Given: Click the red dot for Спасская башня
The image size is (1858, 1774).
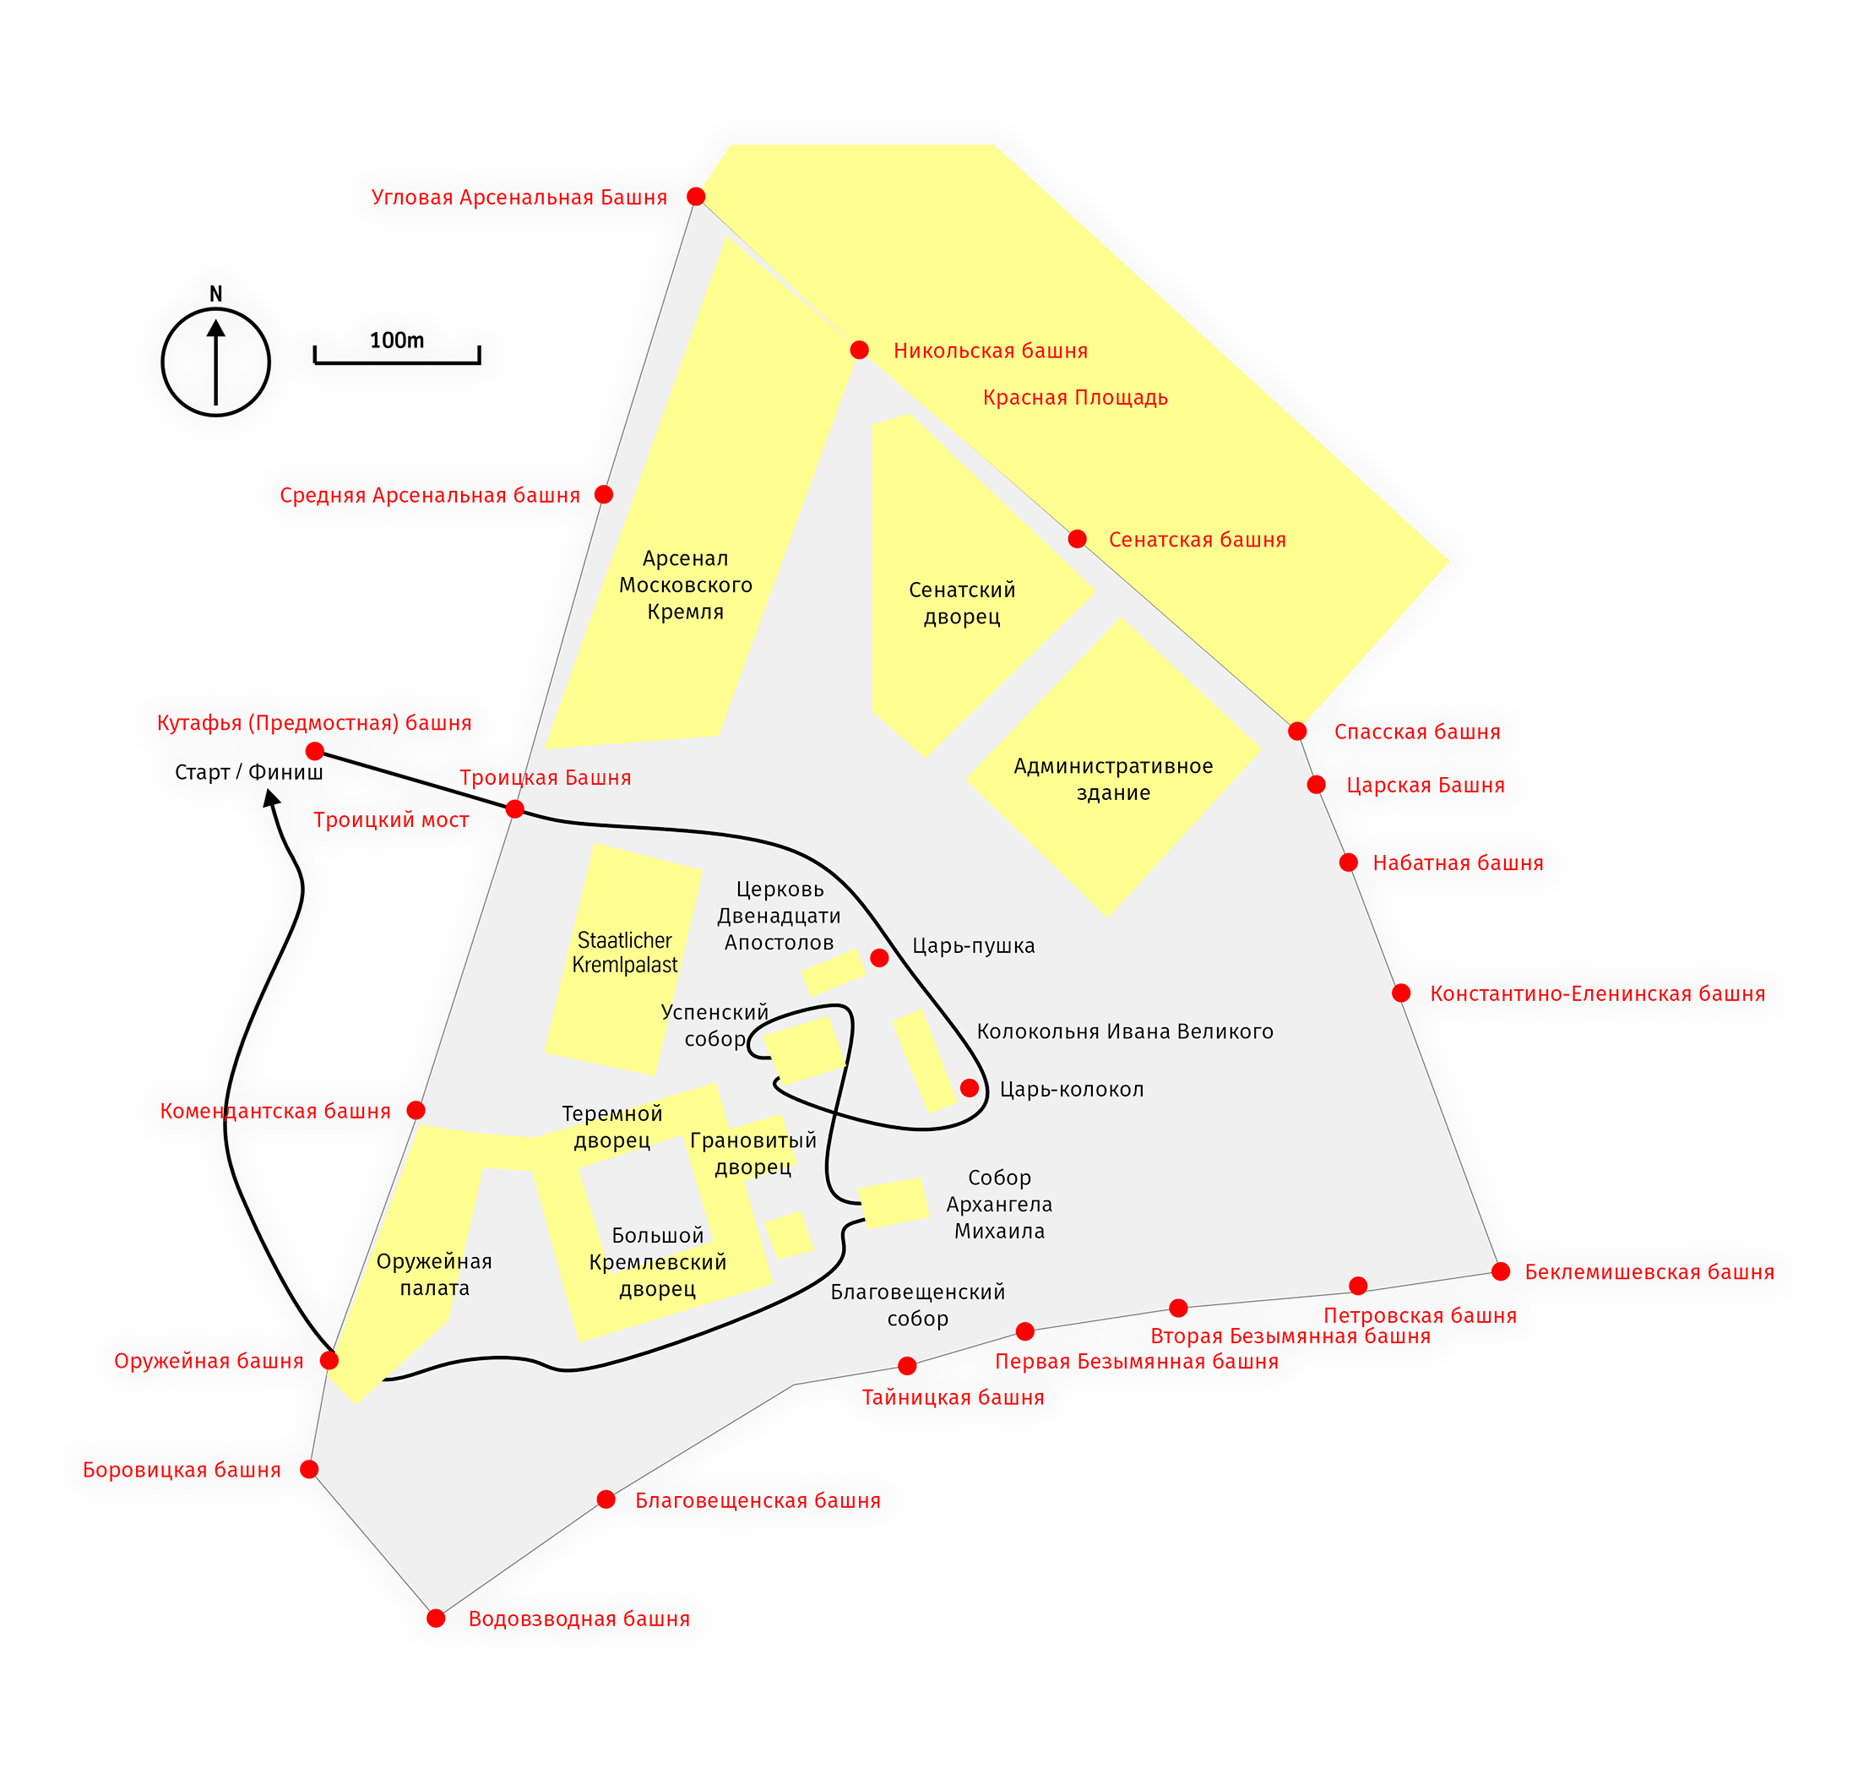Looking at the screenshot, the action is (x=1296, y=731).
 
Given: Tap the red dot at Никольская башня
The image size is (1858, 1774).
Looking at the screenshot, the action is (x=859, y=350).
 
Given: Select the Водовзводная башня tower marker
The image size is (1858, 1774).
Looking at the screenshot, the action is (x=436, y=1618).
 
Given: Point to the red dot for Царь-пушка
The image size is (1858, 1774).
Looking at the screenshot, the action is (x=878, y=958).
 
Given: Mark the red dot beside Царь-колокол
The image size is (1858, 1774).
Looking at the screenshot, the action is (x=970, y=1088).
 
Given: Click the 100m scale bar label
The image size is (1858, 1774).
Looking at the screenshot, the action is (x=396, y=340).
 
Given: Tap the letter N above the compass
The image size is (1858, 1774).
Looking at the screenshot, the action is (x=215, y=294).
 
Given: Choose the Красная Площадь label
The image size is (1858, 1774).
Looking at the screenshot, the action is (x=1075, y=397).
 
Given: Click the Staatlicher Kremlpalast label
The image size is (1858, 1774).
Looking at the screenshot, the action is (x=624, y=952).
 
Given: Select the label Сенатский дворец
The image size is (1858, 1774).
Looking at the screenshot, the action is (x=962, y=603).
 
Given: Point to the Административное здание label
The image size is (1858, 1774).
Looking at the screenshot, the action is (x=1113, y=779).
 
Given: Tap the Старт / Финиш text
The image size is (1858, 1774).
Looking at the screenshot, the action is (x=248, y=773).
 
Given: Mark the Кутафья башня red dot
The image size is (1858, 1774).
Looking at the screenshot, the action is (x=315, y=751).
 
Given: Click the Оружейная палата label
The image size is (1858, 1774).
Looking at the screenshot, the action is (x=434, y=1274).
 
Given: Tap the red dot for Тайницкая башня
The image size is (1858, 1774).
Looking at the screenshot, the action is (x=907, y=1365).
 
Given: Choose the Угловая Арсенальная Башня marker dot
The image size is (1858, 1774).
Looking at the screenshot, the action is (x=696, y=197).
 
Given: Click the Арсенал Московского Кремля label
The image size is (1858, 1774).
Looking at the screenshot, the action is (x=686, y=585).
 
